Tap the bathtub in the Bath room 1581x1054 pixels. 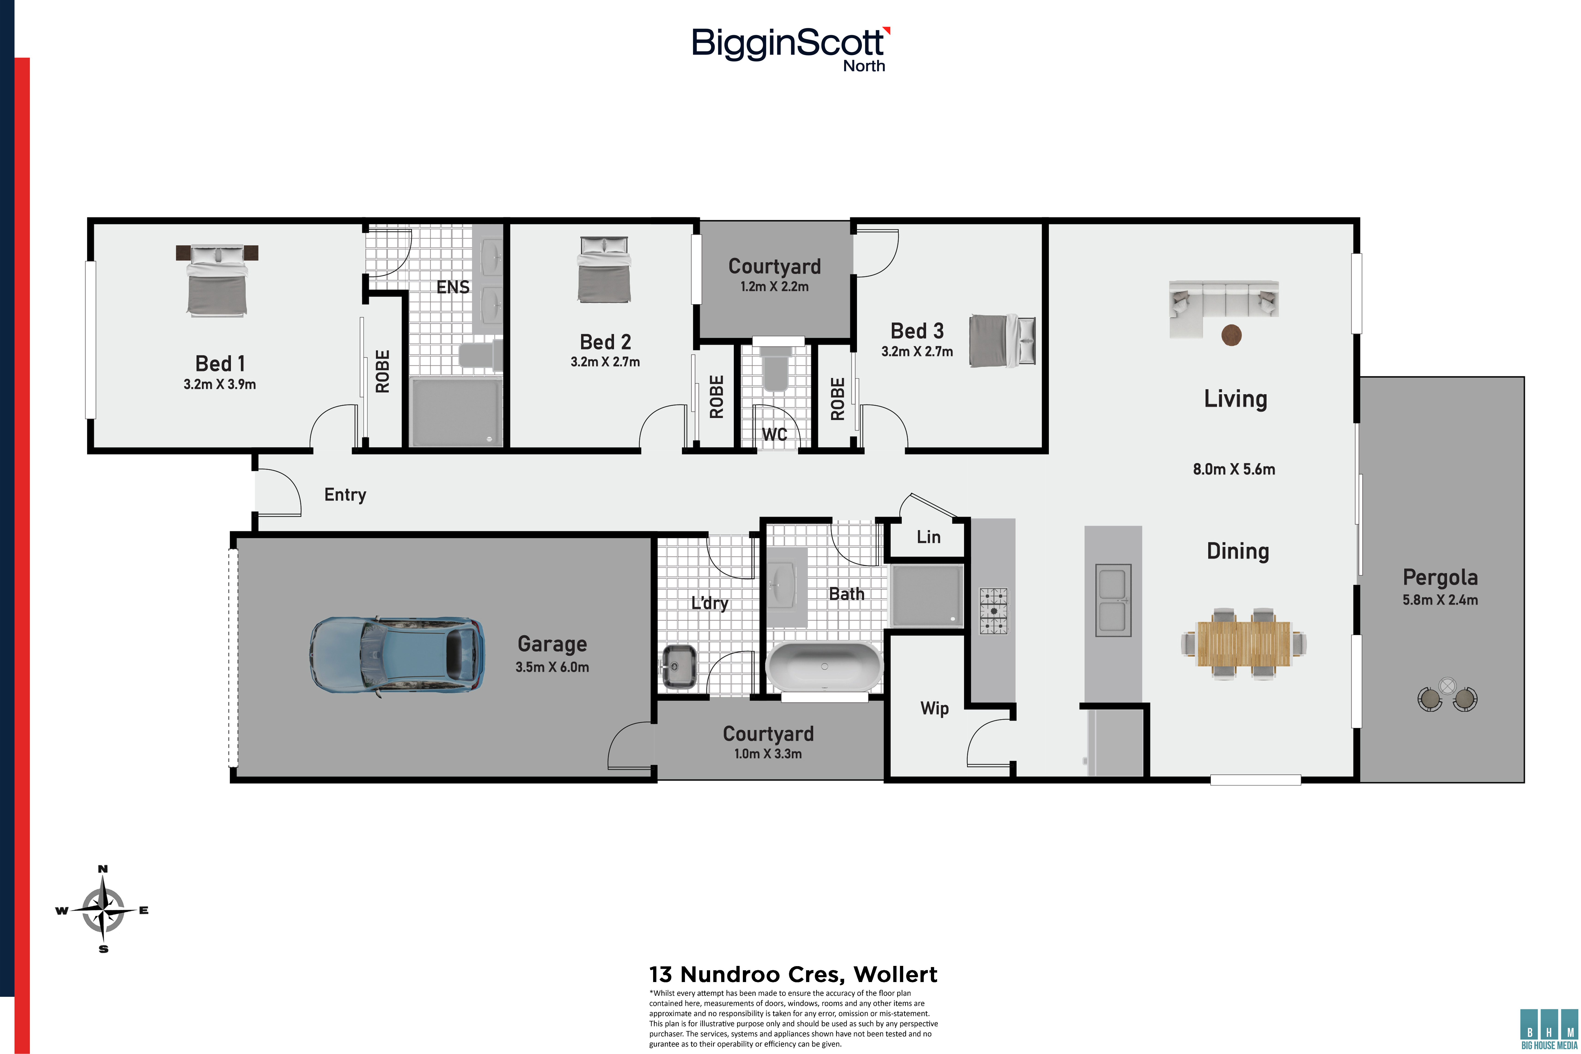click(x=824, y=667)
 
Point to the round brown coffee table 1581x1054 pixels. click(x=1231, y=335)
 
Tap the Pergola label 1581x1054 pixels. click(x=1440, y=578)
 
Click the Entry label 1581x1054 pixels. click(x=345, y=495)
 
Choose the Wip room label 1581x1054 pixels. click(x=934, y=709)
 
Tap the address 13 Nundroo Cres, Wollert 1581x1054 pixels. click(x=793, y=974)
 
